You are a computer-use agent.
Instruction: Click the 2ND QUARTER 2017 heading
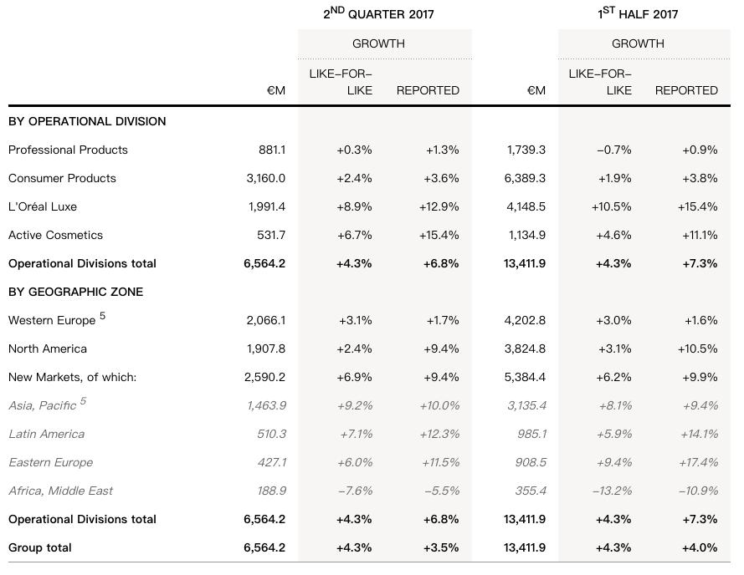click(x=378, y=13)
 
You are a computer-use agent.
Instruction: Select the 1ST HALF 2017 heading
click(x=638, y=13)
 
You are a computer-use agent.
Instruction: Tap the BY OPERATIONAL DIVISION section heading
click(x=87, y=121)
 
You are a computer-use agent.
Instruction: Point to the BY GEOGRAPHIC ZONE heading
click(x=76, y=292)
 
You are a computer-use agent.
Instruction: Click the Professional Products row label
click(x=69, y=150)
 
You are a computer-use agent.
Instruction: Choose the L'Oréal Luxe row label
click(x=43, y=206)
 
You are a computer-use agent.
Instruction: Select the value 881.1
click(x=272, y=150)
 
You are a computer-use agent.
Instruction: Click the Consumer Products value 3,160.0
click(x=266, y=178)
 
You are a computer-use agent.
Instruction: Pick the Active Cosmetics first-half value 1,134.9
click(x=526, y=235)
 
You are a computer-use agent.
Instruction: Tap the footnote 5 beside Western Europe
click(x=102, y=316)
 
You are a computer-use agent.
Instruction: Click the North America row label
click(x=48, y=349)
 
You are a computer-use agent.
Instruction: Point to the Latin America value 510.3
click(x=271, y=435)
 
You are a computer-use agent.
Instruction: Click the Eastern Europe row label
click(x=51, y=462)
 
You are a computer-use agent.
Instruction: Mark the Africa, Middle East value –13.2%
click(x=612, y=491)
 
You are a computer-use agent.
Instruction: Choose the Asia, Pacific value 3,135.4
click(x=526, y=406)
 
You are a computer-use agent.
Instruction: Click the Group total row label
click(x=40, y=547)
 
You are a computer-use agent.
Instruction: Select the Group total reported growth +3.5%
click(x=441, y=548)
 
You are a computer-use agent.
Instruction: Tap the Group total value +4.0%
click(x=700, y=548)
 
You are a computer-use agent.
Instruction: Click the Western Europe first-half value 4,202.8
click(x=525, y=320)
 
